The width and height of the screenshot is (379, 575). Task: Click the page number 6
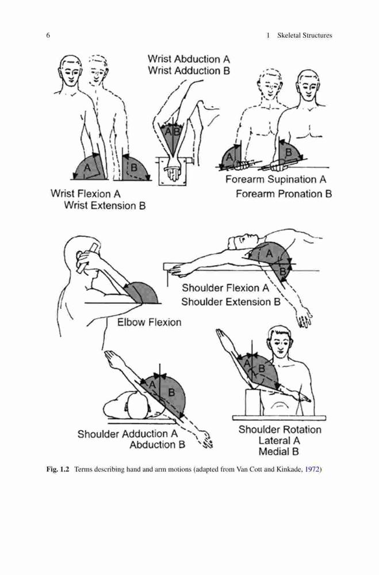coord(48,36)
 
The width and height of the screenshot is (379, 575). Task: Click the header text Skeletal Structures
coord(304,36)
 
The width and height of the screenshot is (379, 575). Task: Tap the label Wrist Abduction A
coord(189,59)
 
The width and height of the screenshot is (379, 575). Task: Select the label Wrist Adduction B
coord(189,70)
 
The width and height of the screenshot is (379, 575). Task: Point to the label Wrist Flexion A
coord(86,193)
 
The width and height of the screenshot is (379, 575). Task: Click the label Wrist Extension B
coord(105,205)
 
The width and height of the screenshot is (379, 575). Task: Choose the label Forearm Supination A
coord(276,179)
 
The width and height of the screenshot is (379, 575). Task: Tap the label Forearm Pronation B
coord(284,194)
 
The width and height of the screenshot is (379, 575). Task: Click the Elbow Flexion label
coord(150,323)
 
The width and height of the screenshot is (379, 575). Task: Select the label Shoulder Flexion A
coord(225,288)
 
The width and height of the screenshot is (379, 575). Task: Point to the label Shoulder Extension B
coord(231,302)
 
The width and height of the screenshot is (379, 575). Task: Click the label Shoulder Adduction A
coord(127,434)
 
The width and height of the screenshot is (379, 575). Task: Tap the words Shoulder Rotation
coord(280,430)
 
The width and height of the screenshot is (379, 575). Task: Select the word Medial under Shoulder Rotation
coord(274,451)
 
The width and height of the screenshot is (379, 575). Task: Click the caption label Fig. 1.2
coord(58,469)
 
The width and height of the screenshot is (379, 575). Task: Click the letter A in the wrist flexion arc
coord(87,167)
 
